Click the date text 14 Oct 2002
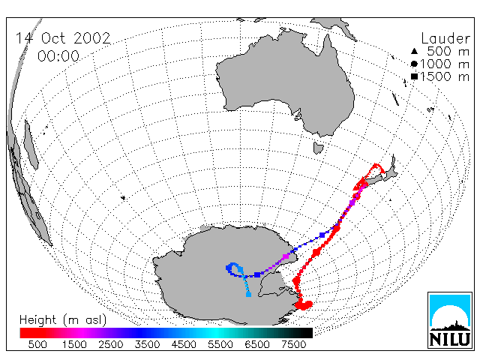pyautogui.click(x=63, y=38)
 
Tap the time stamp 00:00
pyautogui.click(x=58, y=56)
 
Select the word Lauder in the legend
pyautogui.click(x=445, y=38)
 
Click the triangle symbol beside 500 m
pyautogui.click(x=414, y=51)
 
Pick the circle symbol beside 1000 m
pyautogui.click(x=414, y=64)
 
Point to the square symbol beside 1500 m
pyautogui.click(x=414, y=76)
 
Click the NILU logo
pyautogui.click(x=450, y=320)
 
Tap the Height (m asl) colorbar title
pyautogui.click(x=63, y=320)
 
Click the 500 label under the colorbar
pyautogui.click(x=37, y=344)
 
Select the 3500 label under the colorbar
pyautogui.click(x=147, y=344)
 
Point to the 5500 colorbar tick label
pyautogui.click(x=220, y=344)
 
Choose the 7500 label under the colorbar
pyautogui.click(x=293, y=344)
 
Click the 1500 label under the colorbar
pyautogui.click(x=74, y=344)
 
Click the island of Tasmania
pyautogui.click(x=318, y=148)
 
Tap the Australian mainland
pyautogui.click(x=285, y=82)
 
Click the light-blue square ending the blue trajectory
pyautogui.click(x=248, y=295)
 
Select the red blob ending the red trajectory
pyautogui.click(x=304, y=305)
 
